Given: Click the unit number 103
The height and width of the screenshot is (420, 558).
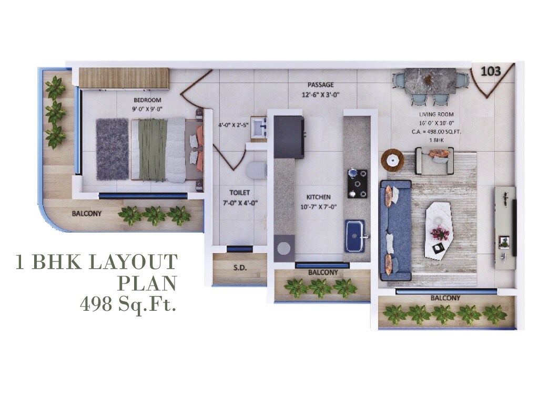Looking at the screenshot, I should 490,70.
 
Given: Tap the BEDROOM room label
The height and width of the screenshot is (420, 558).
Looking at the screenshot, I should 147,100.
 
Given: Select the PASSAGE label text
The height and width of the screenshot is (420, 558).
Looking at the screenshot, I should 321,85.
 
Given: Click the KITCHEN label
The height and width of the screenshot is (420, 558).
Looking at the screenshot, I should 318,197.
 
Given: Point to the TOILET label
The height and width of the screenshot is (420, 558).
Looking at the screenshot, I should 239,193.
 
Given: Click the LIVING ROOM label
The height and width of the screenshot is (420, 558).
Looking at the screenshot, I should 436,114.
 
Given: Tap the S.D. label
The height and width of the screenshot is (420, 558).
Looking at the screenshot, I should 240,268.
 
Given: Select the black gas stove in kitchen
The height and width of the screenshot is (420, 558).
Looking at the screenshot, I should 357,183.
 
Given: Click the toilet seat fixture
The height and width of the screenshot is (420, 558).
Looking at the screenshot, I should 256,170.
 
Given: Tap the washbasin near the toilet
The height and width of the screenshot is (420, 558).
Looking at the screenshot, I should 259,128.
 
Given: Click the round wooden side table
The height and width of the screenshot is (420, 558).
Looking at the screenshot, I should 392,159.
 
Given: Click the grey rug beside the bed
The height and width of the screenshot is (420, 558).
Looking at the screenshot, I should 112,149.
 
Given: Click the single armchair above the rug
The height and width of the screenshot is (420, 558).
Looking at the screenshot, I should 435,160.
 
